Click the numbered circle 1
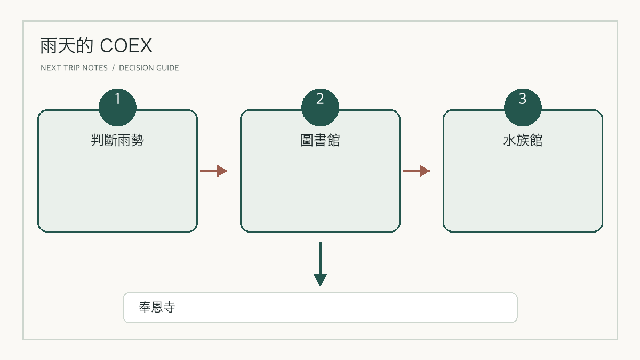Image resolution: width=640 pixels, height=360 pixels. click(x=117, y=107)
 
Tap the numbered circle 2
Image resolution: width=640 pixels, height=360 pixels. click(x=320, y=107)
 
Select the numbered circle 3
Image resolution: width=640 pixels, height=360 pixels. click(x=523, y=107)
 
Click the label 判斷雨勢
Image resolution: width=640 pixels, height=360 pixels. click(x=117, y=140)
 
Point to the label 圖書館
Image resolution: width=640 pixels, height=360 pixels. click(x=320, y=140)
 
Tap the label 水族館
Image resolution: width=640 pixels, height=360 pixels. click(x=523, y=140)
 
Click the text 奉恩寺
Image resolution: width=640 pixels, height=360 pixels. click(x=157, y=307)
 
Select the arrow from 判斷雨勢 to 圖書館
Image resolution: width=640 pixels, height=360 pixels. click(x=213, y=171)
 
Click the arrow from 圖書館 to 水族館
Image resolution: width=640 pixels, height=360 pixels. click(x=416, y=171)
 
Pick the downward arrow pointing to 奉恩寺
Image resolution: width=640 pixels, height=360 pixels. click(x=320, y=263)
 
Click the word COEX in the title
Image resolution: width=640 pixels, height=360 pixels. click(x=126, y=46)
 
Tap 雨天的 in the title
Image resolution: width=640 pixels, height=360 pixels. click(x=67, y=46)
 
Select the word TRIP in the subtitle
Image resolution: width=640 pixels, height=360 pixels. click(x=71, y=68)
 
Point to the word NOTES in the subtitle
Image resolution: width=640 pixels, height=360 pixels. click(x=95, y=68)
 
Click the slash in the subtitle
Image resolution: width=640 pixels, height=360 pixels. click(x=113, y=68)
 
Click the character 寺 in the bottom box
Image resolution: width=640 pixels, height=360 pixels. click(x=169, y=307)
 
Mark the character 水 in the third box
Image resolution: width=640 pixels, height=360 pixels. click(x=509, y=140)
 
